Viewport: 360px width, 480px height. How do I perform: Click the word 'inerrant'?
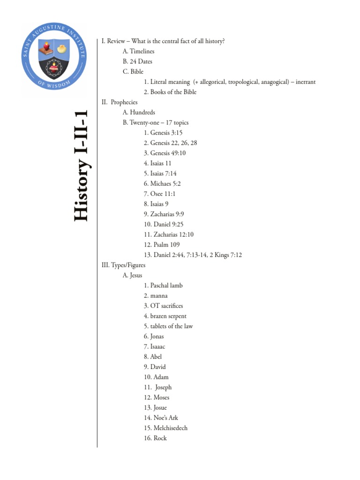click(x=306, y=82)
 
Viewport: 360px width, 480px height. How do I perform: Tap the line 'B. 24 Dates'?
click(x=137, y=61)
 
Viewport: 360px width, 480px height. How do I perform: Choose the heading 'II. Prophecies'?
click(x=120, y=102)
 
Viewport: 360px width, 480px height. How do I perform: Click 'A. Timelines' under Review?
click(x=138, y=51)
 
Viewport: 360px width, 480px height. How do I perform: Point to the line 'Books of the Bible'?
click(x=170, y=92)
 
